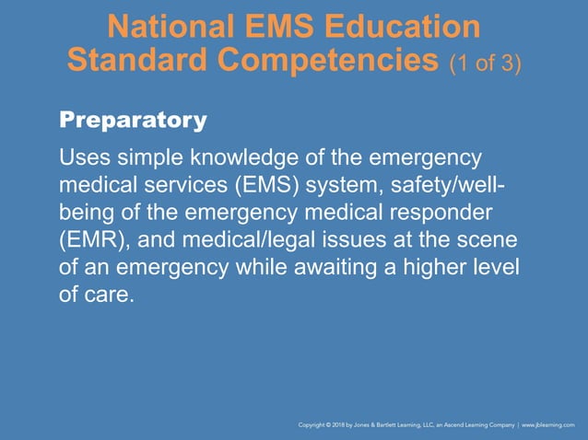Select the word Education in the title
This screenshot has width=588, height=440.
point(407,26)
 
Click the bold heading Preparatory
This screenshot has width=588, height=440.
point(133,120)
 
